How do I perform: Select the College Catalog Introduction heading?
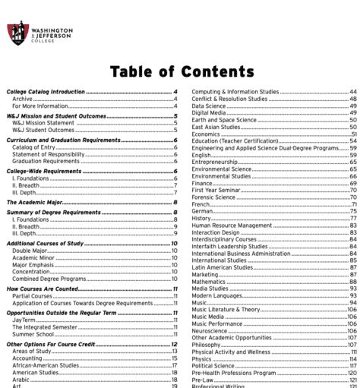pos(46,92)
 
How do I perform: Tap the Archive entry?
pos(22,99)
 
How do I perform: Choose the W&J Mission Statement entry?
pos(43,122)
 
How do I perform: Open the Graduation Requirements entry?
pos(46,161)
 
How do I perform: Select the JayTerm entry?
pos(24,319)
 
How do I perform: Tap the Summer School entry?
pos(33,333)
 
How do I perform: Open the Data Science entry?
pos(209,106)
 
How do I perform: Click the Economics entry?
pos(206,134)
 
